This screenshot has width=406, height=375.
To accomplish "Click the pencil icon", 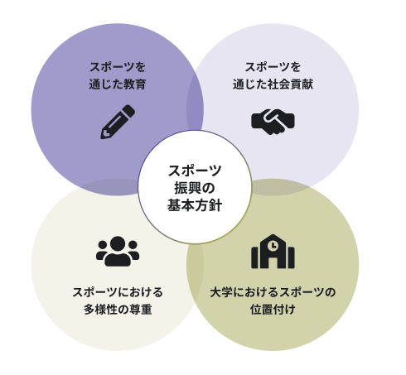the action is coord(118,122).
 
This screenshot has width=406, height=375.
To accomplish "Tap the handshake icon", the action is coord(273,122).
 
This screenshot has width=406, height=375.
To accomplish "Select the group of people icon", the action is coord(118,251).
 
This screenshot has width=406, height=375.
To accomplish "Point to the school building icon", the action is coord(273,252).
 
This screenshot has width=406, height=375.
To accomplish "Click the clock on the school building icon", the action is coord(273,245).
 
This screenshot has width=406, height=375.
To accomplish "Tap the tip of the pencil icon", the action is coord(102,137).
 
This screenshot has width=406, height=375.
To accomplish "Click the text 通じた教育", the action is coord(118,84).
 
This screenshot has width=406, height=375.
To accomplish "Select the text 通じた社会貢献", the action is coord(273,84).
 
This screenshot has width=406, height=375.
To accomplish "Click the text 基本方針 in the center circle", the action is coord(195,205).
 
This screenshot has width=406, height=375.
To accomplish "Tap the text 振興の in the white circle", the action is coord(195,188).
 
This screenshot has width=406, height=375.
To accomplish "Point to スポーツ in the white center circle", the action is coord(195,171).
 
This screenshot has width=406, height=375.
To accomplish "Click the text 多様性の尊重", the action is coord(118,310).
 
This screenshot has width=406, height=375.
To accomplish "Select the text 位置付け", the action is coord(273,310).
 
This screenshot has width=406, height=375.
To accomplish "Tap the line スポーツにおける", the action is coord(118,292).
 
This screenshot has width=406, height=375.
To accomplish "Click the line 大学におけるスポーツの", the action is coord(273,292).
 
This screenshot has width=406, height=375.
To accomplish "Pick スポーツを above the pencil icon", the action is coord(118,67).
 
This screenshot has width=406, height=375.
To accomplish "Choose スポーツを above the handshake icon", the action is coord(273,67).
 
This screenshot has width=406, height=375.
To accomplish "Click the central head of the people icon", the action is coord(118,243).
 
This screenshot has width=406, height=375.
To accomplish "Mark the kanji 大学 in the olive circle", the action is coord(221,292).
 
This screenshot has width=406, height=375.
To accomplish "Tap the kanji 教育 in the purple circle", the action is coord(135,84).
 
